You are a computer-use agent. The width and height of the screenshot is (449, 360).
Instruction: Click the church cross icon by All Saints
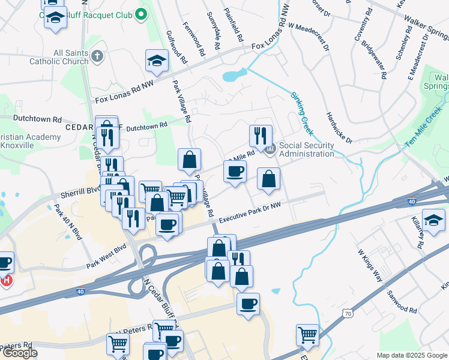click(98, 57)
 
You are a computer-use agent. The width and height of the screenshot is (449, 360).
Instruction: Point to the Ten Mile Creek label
click(423, 130)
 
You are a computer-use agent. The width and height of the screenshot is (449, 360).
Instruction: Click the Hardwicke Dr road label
click(339, 127)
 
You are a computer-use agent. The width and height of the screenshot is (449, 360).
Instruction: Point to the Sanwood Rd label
click(402, 301)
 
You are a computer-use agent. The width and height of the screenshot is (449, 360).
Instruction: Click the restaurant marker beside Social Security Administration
click(261, 135)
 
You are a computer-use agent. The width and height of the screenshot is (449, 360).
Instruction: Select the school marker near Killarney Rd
click(434, 220)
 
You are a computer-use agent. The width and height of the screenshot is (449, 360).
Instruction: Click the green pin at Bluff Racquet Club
click(141, 14)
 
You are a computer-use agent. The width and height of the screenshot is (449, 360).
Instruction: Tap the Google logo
click(19, 353)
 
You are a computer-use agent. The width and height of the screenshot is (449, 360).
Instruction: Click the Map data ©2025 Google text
click(411, 355)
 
